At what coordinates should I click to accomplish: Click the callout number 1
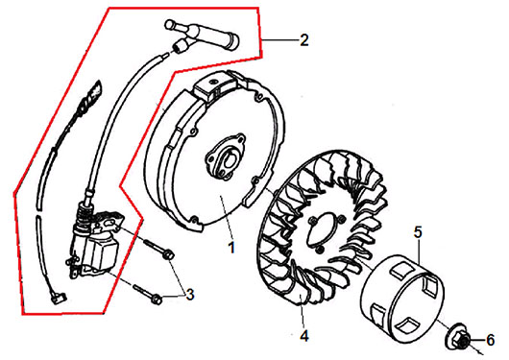(x=231, y=248)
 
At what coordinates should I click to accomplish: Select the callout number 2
(x=304, y=40)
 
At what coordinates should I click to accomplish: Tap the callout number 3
(x=189, y=295)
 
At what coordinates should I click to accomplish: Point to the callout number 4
(x=304, y=336)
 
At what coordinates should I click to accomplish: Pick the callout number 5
(x=418, y=232)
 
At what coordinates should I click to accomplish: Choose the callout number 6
(x=490, y=340)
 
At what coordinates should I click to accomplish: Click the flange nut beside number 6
(x=458, y=338)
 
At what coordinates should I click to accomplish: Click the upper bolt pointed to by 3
(x=158, y=249)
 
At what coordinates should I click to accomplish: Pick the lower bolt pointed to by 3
(x=147, y=293)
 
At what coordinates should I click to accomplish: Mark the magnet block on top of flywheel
(x=213, y=86)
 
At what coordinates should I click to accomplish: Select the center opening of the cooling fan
(x=327, y=229)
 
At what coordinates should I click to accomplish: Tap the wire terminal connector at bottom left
(x=59, y=297)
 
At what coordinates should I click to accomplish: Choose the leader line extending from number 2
(x=279, y=40)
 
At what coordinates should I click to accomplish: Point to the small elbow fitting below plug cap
(x=180, y=46)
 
